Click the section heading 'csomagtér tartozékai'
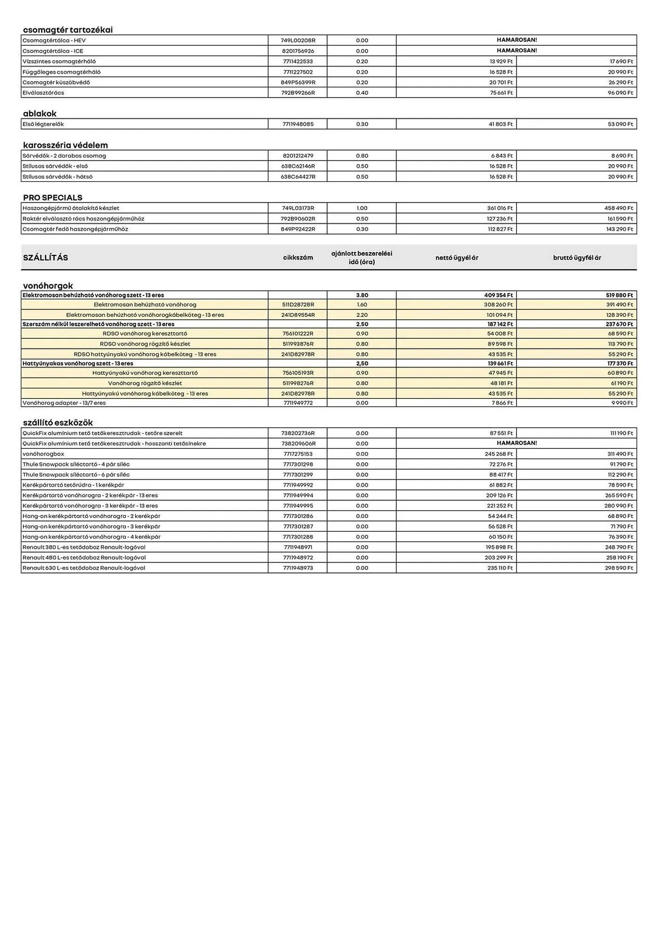click(68, 30)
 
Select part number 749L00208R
click(298, 41)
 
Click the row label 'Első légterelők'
click(43, 124)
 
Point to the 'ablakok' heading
click(40, 113)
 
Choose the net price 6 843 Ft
click(501, 156)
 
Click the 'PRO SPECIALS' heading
click(53, 198)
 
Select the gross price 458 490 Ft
click(618, 208)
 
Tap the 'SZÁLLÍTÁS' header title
click(45, 258)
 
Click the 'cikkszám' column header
click(298, 258)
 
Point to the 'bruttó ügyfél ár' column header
click(577, 258)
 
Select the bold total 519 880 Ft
click(618, 295)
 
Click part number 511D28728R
click(298, 305)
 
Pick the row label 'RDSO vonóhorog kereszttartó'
click(145, 334)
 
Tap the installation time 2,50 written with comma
click(362, 363)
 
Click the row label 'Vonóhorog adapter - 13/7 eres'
click(64, 403)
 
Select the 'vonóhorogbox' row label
click(43, 454)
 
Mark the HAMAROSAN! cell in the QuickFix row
click(516, 443)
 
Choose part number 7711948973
click(298, 568)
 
